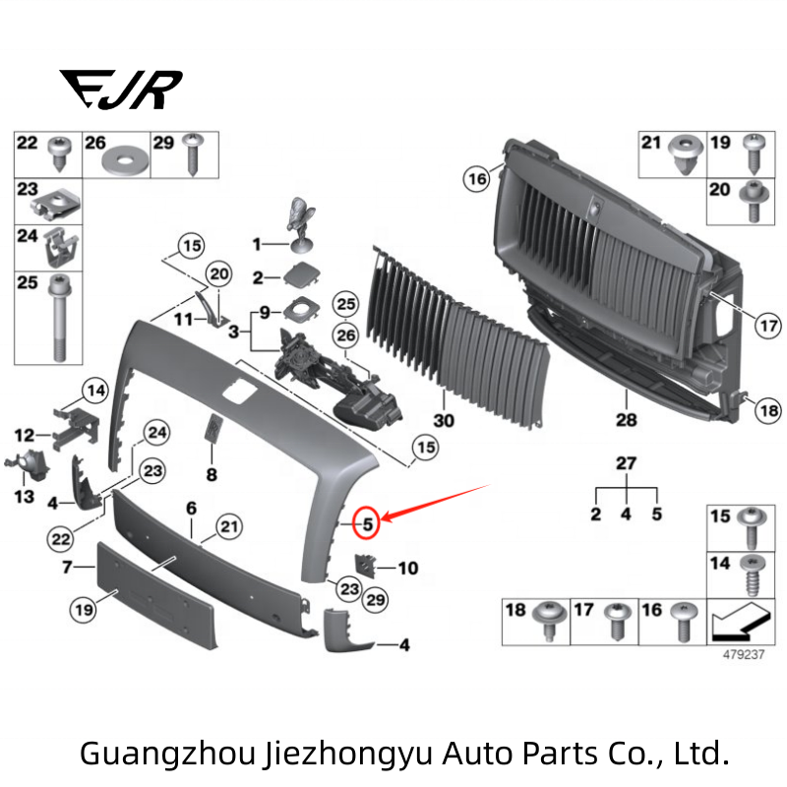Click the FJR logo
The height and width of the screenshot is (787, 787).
[x=120, y=90]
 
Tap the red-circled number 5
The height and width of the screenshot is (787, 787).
[x=366, y=523]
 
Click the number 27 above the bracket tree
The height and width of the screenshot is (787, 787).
[x=626, y=464]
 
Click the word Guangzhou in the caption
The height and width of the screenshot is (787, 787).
[x=168, y=755]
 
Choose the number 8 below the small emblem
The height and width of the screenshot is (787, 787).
[x=211, y=474]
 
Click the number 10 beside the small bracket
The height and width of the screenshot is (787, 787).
[x=407, y=568]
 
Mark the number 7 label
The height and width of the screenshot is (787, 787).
[x=68, y=568]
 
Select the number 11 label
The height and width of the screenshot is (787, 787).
[x=183, y=320]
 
